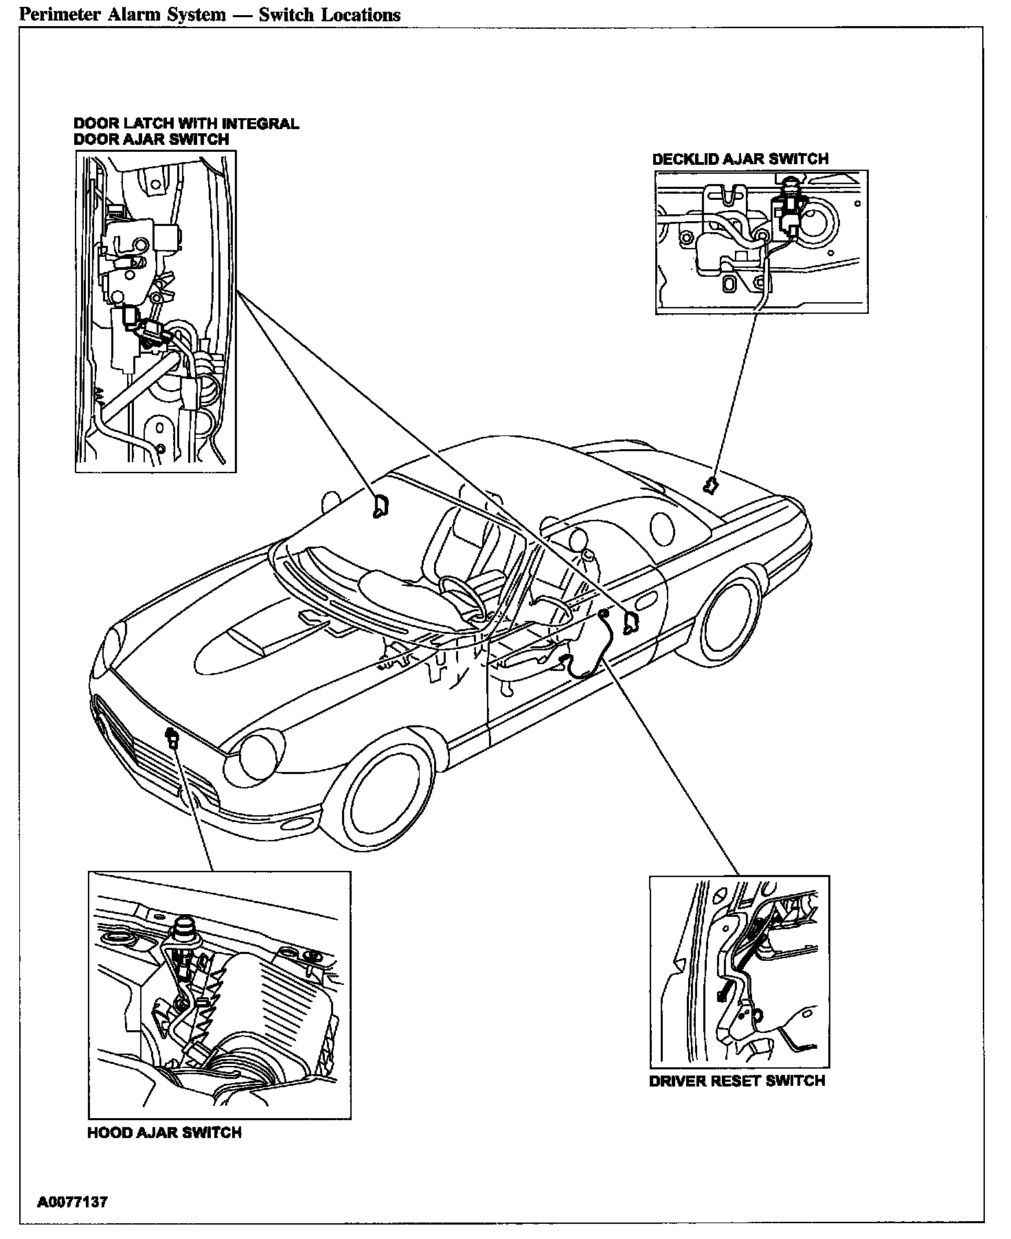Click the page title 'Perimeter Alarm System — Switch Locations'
coord(210,15)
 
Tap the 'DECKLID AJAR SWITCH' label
coord(740,159)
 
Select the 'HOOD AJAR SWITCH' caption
coord(164,1133)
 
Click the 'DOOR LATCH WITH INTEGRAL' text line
coord(186,124)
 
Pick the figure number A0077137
coord(72,1203)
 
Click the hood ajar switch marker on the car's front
coord(172,740)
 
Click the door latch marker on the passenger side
coord(379,505)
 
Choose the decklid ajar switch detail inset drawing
coord(761,242)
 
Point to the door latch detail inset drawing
coord(155,311)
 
